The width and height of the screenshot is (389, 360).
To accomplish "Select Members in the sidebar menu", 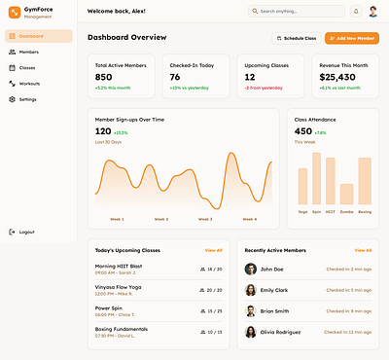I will (x=28, y=52).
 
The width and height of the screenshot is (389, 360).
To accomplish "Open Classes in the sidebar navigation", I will (x=27, y=68).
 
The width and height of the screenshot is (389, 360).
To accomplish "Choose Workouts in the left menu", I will (x=29, y=84).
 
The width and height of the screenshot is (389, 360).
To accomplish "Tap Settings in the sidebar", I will (x=27, y=99).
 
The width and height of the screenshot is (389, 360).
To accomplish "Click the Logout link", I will (x=26, y=232).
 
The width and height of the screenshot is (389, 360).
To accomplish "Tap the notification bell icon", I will (x=356, y=12).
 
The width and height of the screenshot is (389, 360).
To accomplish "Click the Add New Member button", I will (x=352, y=38).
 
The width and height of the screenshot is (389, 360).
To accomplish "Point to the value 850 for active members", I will (x=103, y=77).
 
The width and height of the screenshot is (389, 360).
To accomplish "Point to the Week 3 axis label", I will (x=204, y=219).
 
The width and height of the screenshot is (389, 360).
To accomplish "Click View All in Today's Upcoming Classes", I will (x=213, y=250).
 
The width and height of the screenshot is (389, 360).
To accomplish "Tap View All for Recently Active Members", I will (x=363, y=250).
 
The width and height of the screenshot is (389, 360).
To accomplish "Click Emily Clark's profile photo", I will (x=251, y=290).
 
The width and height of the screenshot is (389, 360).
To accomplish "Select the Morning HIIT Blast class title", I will (x=119, y=266).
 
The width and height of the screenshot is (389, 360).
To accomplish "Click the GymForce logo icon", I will (x=14, y=14).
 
